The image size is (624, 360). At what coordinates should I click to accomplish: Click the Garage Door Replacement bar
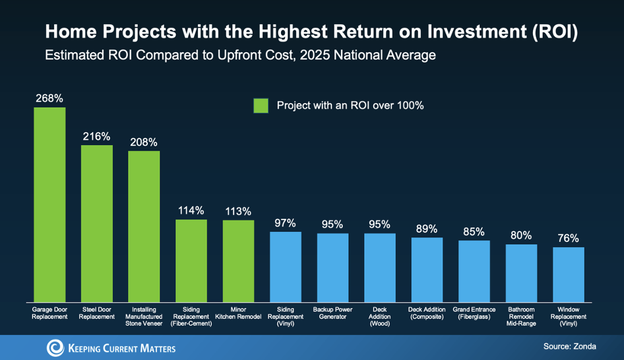[x=49, y=204]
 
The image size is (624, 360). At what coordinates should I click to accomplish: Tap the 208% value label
[x=144, y=142]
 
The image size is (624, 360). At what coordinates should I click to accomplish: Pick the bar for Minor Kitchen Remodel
[x=238, y=260]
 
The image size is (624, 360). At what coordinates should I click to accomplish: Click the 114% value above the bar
[x=191, y=211]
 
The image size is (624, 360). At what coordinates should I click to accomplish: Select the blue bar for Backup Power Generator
[x=332, y=266]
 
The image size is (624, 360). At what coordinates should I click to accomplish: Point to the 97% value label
[x=286, y=223]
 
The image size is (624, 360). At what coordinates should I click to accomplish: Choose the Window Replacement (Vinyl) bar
[x=569, y=274]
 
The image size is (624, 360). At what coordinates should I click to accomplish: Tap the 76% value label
[x=569, y=238]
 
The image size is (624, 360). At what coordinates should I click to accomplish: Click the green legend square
[x=261, y=105]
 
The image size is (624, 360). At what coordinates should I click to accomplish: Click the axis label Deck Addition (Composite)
[x=427, y=313]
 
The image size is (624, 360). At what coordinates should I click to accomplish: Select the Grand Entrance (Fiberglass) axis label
[x=474, y=313]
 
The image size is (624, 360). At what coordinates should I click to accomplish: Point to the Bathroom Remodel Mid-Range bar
[x=521, y=272]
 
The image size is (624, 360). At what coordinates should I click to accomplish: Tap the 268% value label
[x=49, y=98]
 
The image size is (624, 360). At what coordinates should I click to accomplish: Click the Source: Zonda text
[x=571, y=346]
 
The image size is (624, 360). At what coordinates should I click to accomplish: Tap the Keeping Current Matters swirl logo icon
[x=55, y=347]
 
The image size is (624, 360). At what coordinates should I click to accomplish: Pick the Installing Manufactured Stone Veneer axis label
[x=144, y=316]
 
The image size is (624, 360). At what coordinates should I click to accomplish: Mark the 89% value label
[x=427, y=229]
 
